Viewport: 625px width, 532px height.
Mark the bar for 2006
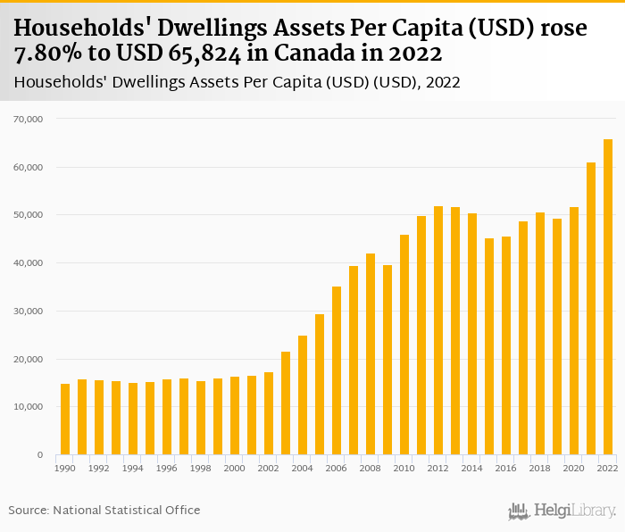coord(337,370)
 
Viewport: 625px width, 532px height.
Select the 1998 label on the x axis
coord(201,468)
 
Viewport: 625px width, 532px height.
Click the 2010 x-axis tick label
coord(404,468)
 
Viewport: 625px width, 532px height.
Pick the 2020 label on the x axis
coord(574,468)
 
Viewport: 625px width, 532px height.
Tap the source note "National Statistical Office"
coord(126,511)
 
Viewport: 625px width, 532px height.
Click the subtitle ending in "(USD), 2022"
coord(237,83)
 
